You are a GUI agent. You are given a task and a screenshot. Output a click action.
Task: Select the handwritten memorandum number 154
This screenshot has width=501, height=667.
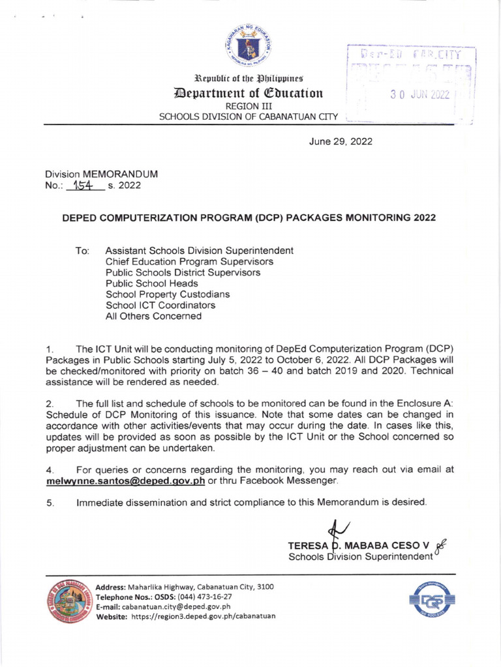(x=84, y=185)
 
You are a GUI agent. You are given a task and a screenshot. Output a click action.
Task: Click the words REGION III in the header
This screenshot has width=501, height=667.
(x=250, y=106)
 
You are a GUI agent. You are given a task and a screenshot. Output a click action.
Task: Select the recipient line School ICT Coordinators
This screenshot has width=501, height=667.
(x=160, y=305)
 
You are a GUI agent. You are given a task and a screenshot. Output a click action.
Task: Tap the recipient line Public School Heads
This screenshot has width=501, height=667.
(x=151, y=283)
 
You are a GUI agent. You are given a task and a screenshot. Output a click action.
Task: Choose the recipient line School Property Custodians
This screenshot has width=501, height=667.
(x=167, y=294)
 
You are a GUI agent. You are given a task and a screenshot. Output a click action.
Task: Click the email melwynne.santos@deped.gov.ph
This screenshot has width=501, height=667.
(x=126, y=481)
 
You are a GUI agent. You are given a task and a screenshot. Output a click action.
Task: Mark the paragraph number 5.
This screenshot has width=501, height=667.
(x=49, y=502)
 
